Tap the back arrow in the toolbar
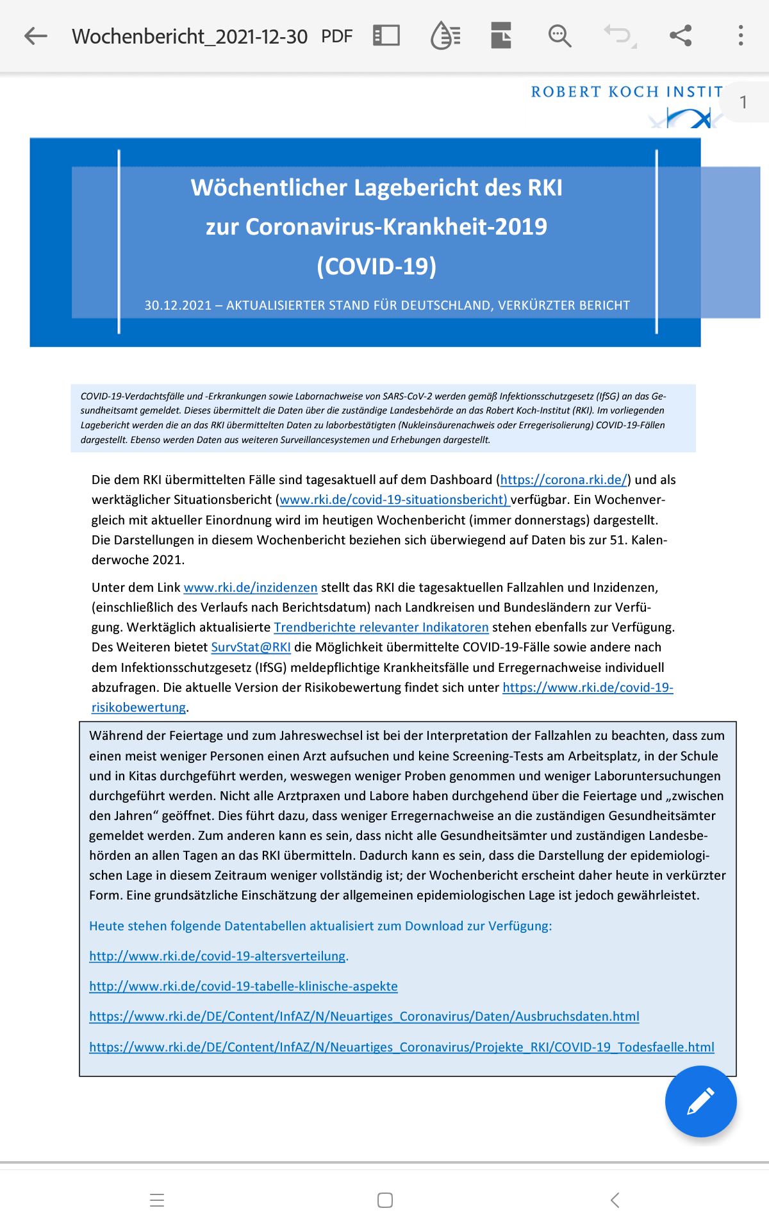coord(36,36)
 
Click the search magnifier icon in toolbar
coord(559,36)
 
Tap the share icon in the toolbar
coord(681,36)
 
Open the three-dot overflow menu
coord(741,36)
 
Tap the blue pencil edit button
coord(700,1101)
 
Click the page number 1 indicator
coord(743,103)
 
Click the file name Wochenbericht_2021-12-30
coord(190,37)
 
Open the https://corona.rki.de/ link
coord(563,480)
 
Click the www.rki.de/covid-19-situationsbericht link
coord(393,499)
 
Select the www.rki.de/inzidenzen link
coord(251,587)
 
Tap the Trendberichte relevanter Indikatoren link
coord(381,627)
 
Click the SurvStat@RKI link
coord(251,647)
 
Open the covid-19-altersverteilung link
coord(217,956)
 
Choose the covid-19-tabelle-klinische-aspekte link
coord(244,986)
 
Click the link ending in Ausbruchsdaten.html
coord(364,1016)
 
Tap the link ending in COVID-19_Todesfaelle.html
coord(402,1047)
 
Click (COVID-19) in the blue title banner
coord(377,266)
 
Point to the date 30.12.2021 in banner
coord(178,305)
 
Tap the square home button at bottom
coord(385,1200)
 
